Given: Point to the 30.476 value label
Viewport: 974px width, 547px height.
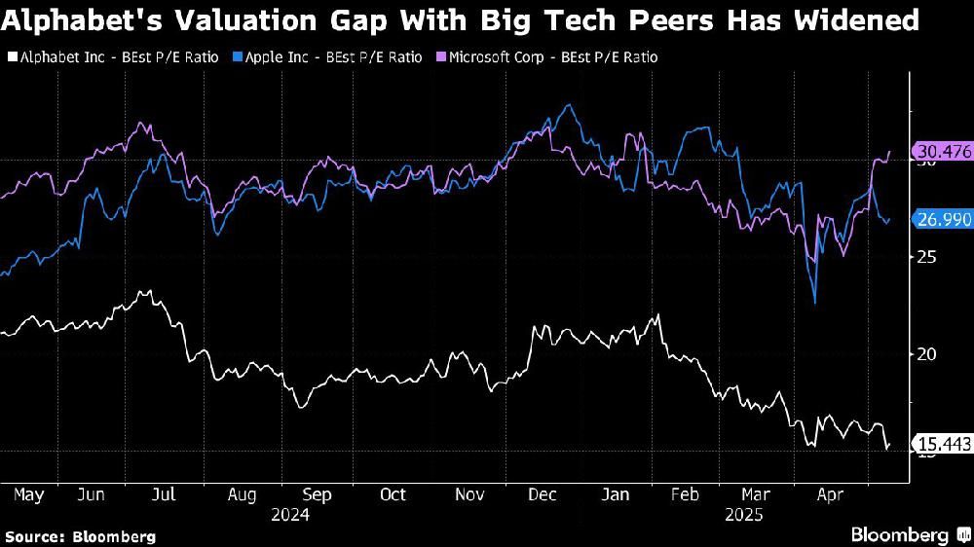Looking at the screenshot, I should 943,151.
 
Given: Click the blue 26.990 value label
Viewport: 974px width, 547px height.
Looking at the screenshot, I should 943,220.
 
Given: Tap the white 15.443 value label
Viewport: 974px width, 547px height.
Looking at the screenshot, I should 943,444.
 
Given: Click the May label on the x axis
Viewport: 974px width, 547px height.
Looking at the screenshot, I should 29,494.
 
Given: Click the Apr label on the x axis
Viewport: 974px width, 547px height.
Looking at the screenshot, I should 829,494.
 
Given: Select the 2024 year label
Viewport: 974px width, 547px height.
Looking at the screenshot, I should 290,515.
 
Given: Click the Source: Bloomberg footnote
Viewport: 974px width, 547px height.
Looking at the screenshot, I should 80,536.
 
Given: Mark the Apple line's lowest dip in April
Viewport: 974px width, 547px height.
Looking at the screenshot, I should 814,303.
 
